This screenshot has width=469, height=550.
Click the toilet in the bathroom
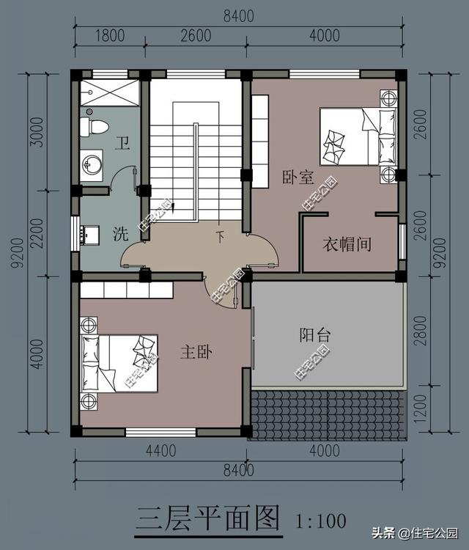tap(94, 127)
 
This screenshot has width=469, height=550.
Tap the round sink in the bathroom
tap(92, 165)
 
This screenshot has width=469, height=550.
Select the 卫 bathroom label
tap(122, 144)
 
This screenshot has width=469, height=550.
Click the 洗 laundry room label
tap(121, 234)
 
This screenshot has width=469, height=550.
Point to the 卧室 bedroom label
tap(298, 177)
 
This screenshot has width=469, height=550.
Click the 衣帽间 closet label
tap(347, 244)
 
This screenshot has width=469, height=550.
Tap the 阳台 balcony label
tap(315, 335)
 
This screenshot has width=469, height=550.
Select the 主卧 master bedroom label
tap(196, 352)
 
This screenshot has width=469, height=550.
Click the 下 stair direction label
tap(220, 237)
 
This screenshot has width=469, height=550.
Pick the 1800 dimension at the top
tap(110, 36)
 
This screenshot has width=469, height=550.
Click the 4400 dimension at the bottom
tap(161, 451)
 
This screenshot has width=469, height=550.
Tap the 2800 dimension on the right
tap(421, 331)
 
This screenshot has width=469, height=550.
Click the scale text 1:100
tap(321, 521)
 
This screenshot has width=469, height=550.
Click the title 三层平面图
tap(208, 518)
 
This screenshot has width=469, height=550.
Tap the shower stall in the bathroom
tap(110, 92)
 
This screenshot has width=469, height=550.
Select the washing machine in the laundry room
tap(90, 235)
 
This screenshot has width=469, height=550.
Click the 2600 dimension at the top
tap(196, 36)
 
